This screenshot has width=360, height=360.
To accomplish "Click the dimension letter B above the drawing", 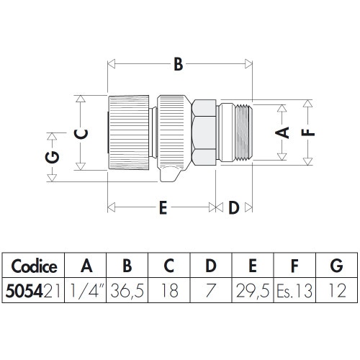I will (x=177, y=65).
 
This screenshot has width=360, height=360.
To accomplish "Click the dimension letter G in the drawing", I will (x=53, y=156).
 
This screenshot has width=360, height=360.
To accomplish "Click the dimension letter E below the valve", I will (x=163, y=208).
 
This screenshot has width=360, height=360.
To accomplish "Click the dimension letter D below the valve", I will (x=233, y=208).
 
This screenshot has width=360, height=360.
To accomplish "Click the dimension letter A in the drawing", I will (x=283, y=132).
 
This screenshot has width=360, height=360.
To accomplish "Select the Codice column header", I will (x=34, y=266).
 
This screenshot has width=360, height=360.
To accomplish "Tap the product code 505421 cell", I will (x=34, y=292).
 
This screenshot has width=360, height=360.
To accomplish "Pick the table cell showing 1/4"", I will (x=86, y=292).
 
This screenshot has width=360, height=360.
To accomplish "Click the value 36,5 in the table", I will (x=127, y=292).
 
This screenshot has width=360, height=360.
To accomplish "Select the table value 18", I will (x=168, y=292).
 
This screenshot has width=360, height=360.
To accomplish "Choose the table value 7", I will (x=210, y=292).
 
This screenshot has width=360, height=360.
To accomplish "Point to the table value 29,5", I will (x=252, y=292).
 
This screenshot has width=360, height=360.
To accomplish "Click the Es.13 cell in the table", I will (x=294, y=292).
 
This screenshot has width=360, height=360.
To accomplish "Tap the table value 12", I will (x=336, y=292).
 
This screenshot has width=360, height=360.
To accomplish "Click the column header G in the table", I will (x=336, y=266).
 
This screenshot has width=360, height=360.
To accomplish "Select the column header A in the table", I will (x=86, y=266).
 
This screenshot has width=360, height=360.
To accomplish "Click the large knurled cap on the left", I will (x=130, y=132).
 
